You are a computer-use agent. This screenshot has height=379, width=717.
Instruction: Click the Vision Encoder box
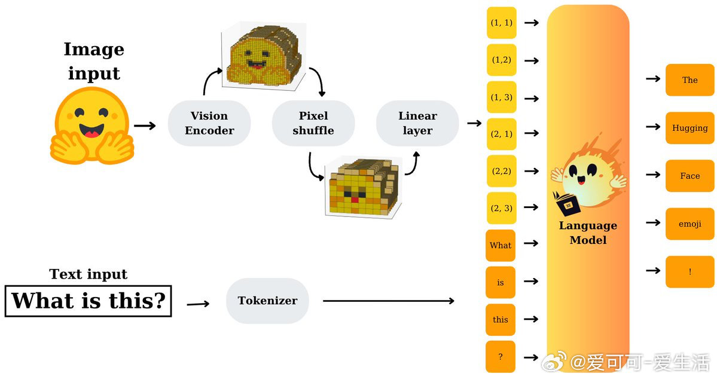(209, 123)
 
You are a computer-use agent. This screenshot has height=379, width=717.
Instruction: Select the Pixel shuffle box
(313, 123)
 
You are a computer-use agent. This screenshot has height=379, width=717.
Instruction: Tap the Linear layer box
(417, 123)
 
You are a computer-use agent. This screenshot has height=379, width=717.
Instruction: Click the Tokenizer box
(267, 300)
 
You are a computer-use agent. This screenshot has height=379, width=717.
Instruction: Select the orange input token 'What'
(501, 246)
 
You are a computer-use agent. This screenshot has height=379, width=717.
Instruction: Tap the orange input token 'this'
(501, 320)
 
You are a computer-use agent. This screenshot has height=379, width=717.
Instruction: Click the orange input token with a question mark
(501, 357)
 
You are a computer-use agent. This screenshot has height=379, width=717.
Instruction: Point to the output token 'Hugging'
(689, 128)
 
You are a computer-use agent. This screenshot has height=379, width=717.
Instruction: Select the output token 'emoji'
(689, 224)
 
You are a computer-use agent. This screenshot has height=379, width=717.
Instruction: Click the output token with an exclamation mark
(689, 271)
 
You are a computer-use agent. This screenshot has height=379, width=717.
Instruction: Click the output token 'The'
(689, 80)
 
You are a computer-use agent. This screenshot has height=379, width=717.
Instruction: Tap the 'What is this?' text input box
(89, 301)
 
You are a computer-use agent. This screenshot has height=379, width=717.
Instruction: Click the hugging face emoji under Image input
(92, 126)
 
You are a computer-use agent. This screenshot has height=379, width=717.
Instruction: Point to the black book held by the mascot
(567, 204)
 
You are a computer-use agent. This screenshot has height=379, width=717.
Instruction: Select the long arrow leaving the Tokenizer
(388, 300)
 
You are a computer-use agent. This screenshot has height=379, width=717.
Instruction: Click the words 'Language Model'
(588, 233)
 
